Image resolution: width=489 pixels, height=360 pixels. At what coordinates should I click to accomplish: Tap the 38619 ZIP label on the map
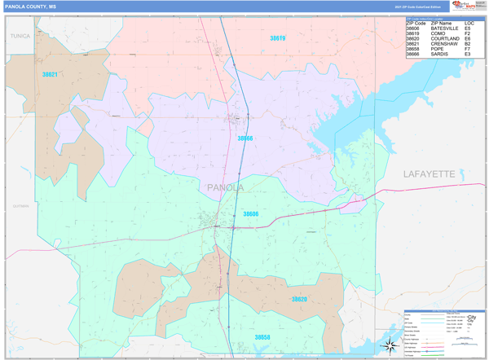point(278,38)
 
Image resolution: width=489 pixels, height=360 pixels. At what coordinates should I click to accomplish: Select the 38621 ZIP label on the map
point(50,74)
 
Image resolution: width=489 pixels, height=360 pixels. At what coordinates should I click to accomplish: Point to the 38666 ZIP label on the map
point(245,138)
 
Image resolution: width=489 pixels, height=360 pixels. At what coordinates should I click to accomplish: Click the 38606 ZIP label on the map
point(251,213)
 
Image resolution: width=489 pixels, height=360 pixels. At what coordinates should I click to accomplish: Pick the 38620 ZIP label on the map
point(300,300)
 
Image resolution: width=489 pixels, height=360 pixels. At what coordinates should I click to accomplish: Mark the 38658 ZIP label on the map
point(262,336)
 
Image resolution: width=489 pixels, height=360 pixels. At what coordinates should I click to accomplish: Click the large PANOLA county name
point(226,188)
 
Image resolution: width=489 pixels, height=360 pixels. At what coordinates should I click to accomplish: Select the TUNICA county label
point(20,37)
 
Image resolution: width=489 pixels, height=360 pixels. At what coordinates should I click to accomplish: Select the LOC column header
point(469,23)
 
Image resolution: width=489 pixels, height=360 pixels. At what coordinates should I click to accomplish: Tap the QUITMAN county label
point(20,206)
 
